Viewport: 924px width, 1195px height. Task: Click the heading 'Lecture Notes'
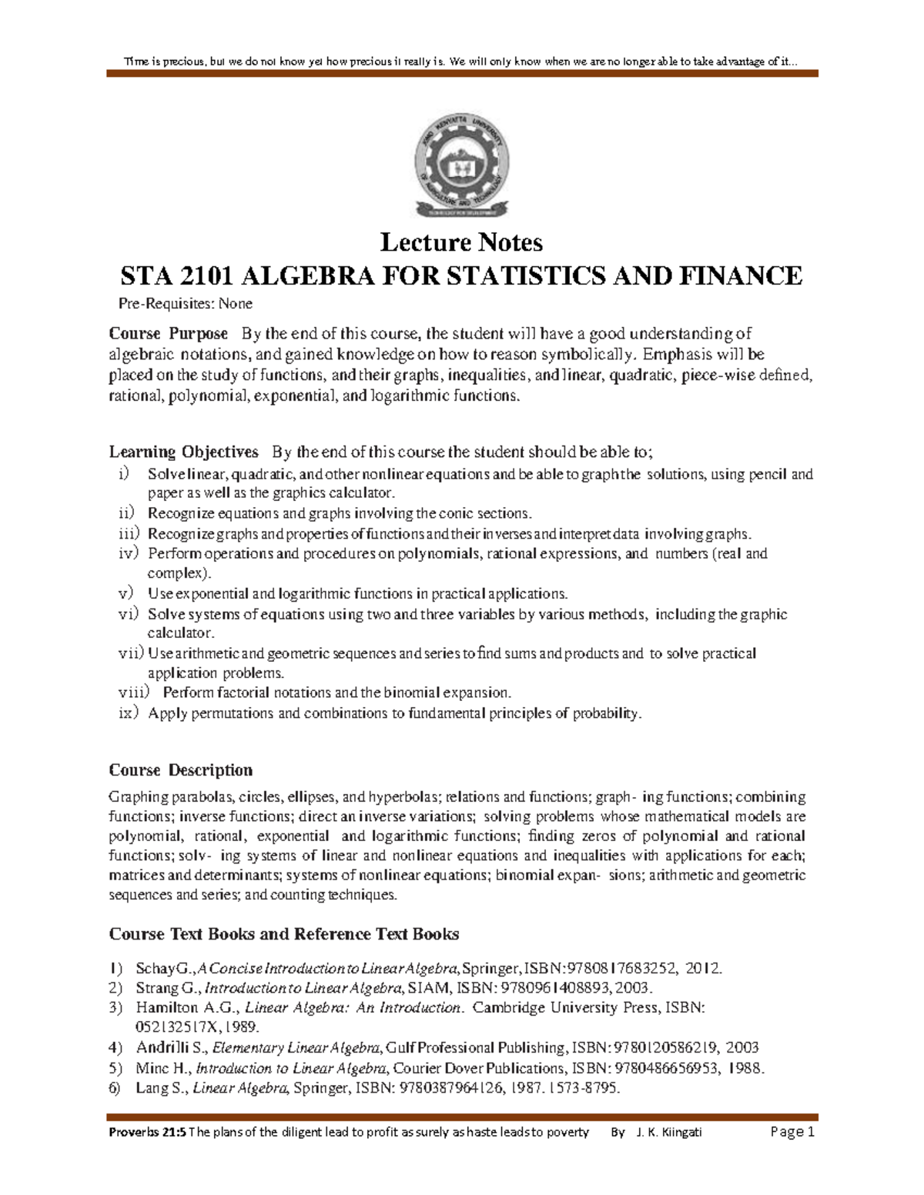point(461,242)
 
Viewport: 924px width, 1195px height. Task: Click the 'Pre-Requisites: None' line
point(180,304)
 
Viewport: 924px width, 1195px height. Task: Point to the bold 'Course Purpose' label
point(168,334)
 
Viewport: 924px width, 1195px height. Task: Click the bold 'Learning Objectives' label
point(183,452)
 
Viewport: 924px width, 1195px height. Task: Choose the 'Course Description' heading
point(180,770)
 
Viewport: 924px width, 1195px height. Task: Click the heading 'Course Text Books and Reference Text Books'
point(283,934)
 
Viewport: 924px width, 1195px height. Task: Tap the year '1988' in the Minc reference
point(745,1068)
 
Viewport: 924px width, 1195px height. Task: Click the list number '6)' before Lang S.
point(115,1088)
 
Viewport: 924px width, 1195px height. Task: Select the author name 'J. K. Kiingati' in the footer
point(669,1132)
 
